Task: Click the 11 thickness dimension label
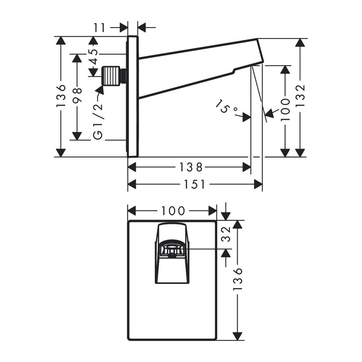point(99,27)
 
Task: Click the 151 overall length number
point(195,184)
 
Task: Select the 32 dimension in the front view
point(226,234)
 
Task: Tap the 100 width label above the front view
point(173,210)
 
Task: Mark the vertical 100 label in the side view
point(285,109)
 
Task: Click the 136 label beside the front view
point(238,279)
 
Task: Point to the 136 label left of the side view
point(61,96)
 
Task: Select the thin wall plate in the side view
point(133,97)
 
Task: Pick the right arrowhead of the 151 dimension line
point(258,184)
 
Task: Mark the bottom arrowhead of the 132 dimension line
point(300,152)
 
